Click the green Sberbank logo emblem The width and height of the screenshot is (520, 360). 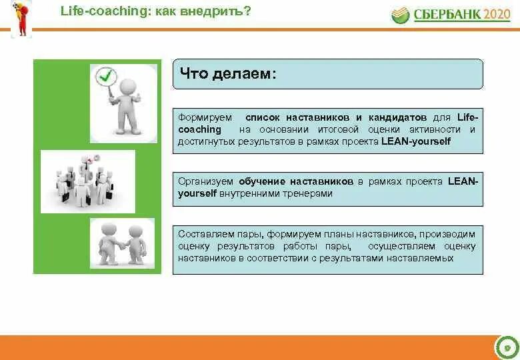pos(400,15)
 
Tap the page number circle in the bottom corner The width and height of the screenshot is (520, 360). pos(506,347)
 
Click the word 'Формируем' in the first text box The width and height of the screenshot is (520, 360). pos(201,117)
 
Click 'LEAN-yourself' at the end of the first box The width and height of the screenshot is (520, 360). pos(416,141)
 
